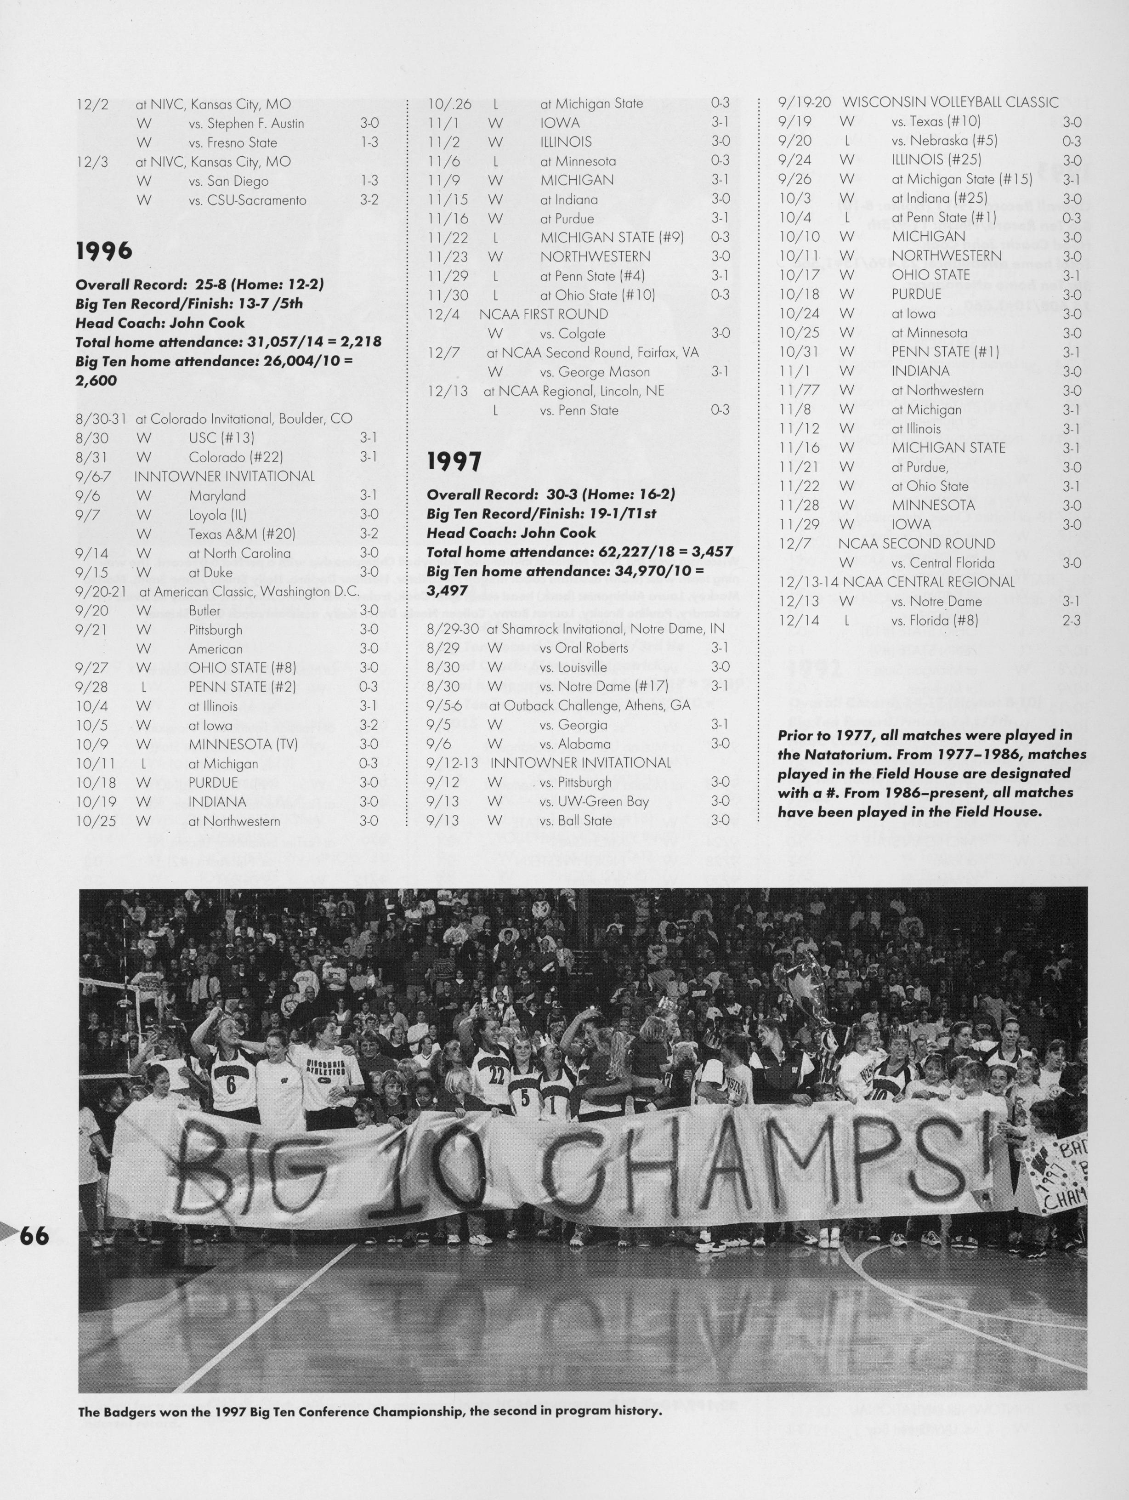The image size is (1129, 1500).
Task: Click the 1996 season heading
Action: coord(104,251)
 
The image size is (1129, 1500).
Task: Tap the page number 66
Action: coord(34,1236)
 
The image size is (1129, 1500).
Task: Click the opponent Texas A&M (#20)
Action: coord(242,534)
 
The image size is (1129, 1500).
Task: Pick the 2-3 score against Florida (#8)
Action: coord(1072,620)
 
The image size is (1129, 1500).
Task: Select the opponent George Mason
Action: coord(595,372)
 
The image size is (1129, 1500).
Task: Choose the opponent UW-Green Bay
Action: coord(595,801)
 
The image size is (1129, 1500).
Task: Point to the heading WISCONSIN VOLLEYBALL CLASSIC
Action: coord(950,102)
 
